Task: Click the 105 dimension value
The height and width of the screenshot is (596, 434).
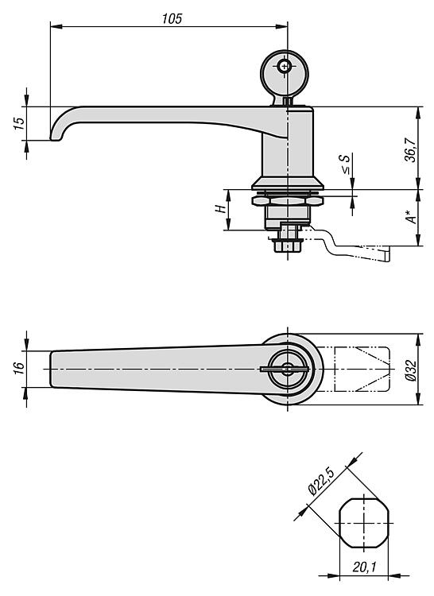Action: tap(172, 18)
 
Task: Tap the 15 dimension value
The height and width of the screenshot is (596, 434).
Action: tap(19, 123)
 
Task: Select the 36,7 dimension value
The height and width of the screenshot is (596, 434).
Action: tap(410, 150)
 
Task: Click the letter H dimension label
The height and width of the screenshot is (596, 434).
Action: tap(219, 209)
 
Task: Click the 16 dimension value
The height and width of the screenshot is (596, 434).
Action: tap(19, 368)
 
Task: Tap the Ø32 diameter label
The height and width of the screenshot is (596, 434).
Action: tap(411, 370)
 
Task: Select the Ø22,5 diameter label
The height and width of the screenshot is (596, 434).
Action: tap(321, 482)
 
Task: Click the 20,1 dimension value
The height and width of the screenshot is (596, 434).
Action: tap(364, 567)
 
